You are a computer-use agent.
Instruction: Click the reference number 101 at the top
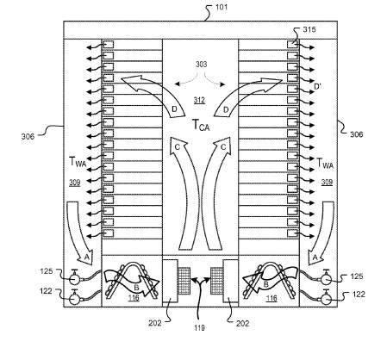click(x=222, y=7)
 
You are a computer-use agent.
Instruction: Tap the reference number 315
click(x=309, y=29)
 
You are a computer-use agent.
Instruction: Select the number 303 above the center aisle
click(x=201, y=65)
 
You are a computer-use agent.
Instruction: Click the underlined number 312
click(x=199, y=100)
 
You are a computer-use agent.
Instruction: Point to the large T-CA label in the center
click(x=201, y=125)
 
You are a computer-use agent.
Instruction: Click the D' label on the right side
click(x=317, y=86)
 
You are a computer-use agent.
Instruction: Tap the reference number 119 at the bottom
click(x=199, y=327)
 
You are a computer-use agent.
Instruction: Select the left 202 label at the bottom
click(x=155, y=323)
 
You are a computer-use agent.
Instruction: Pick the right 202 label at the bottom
click(x=242, y=324)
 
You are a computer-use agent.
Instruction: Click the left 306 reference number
click(x=28, y=136)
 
